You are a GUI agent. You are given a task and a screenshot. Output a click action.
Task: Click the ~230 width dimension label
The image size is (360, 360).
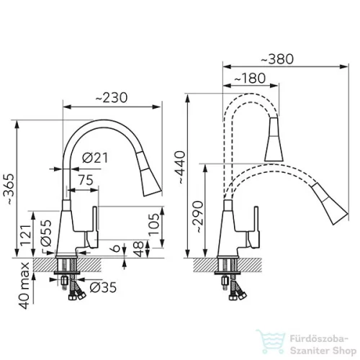click(x=112, y=98)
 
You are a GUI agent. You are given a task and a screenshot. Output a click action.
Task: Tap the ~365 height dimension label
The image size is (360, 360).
click(x=10, y=189)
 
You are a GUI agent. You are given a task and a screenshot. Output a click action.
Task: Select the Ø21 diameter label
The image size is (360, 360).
click(x=95, y=158)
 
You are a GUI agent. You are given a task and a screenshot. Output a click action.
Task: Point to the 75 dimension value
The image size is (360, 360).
click(x=86, y=180)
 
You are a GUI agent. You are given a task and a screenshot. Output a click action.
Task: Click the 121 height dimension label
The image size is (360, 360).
click(x=25, y=235)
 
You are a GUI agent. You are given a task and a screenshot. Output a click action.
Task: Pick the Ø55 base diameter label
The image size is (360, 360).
click(x=46, y=233)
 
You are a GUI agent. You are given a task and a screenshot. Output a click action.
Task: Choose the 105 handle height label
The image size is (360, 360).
click(x=153, y=225)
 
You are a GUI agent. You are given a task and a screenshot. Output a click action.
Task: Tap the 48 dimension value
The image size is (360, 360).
click(x=138, y=249)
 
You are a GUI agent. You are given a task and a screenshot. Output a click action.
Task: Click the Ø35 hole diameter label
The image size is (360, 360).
click(x=103, y=287)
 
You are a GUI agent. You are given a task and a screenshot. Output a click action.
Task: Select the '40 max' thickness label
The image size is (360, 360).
click(x=24, y=286)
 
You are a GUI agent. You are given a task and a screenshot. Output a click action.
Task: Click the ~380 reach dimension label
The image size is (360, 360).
click(x=277, y=59)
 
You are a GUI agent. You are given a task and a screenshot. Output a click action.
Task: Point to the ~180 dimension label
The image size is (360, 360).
click(x=250, y=78)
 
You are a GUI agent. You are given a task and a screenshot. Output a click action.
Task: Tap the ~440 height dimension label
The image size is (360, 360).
click(x=180, y=168)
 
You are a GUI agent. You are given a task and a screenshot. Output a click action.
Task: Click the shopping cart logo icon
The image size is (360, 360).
click(x=270, y=341)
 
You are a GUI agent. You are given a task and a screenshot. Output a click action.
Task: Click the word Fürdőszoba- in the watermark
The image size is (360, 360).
click(x=319, y=338)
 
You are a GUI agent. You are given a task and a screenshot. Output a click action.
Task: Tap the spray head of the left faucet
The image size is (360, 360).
click(x=149, y=174)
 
